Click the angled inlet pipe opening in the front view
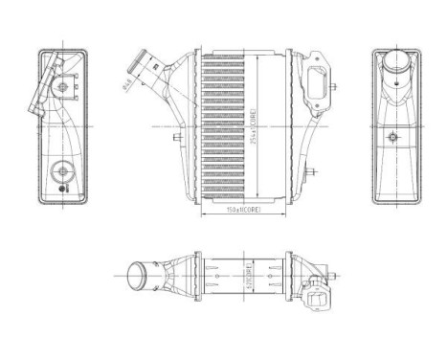tap(143, 67)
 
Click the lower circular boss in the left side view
tap(62, 173)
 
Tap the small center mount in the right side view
tap(391, 138)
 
